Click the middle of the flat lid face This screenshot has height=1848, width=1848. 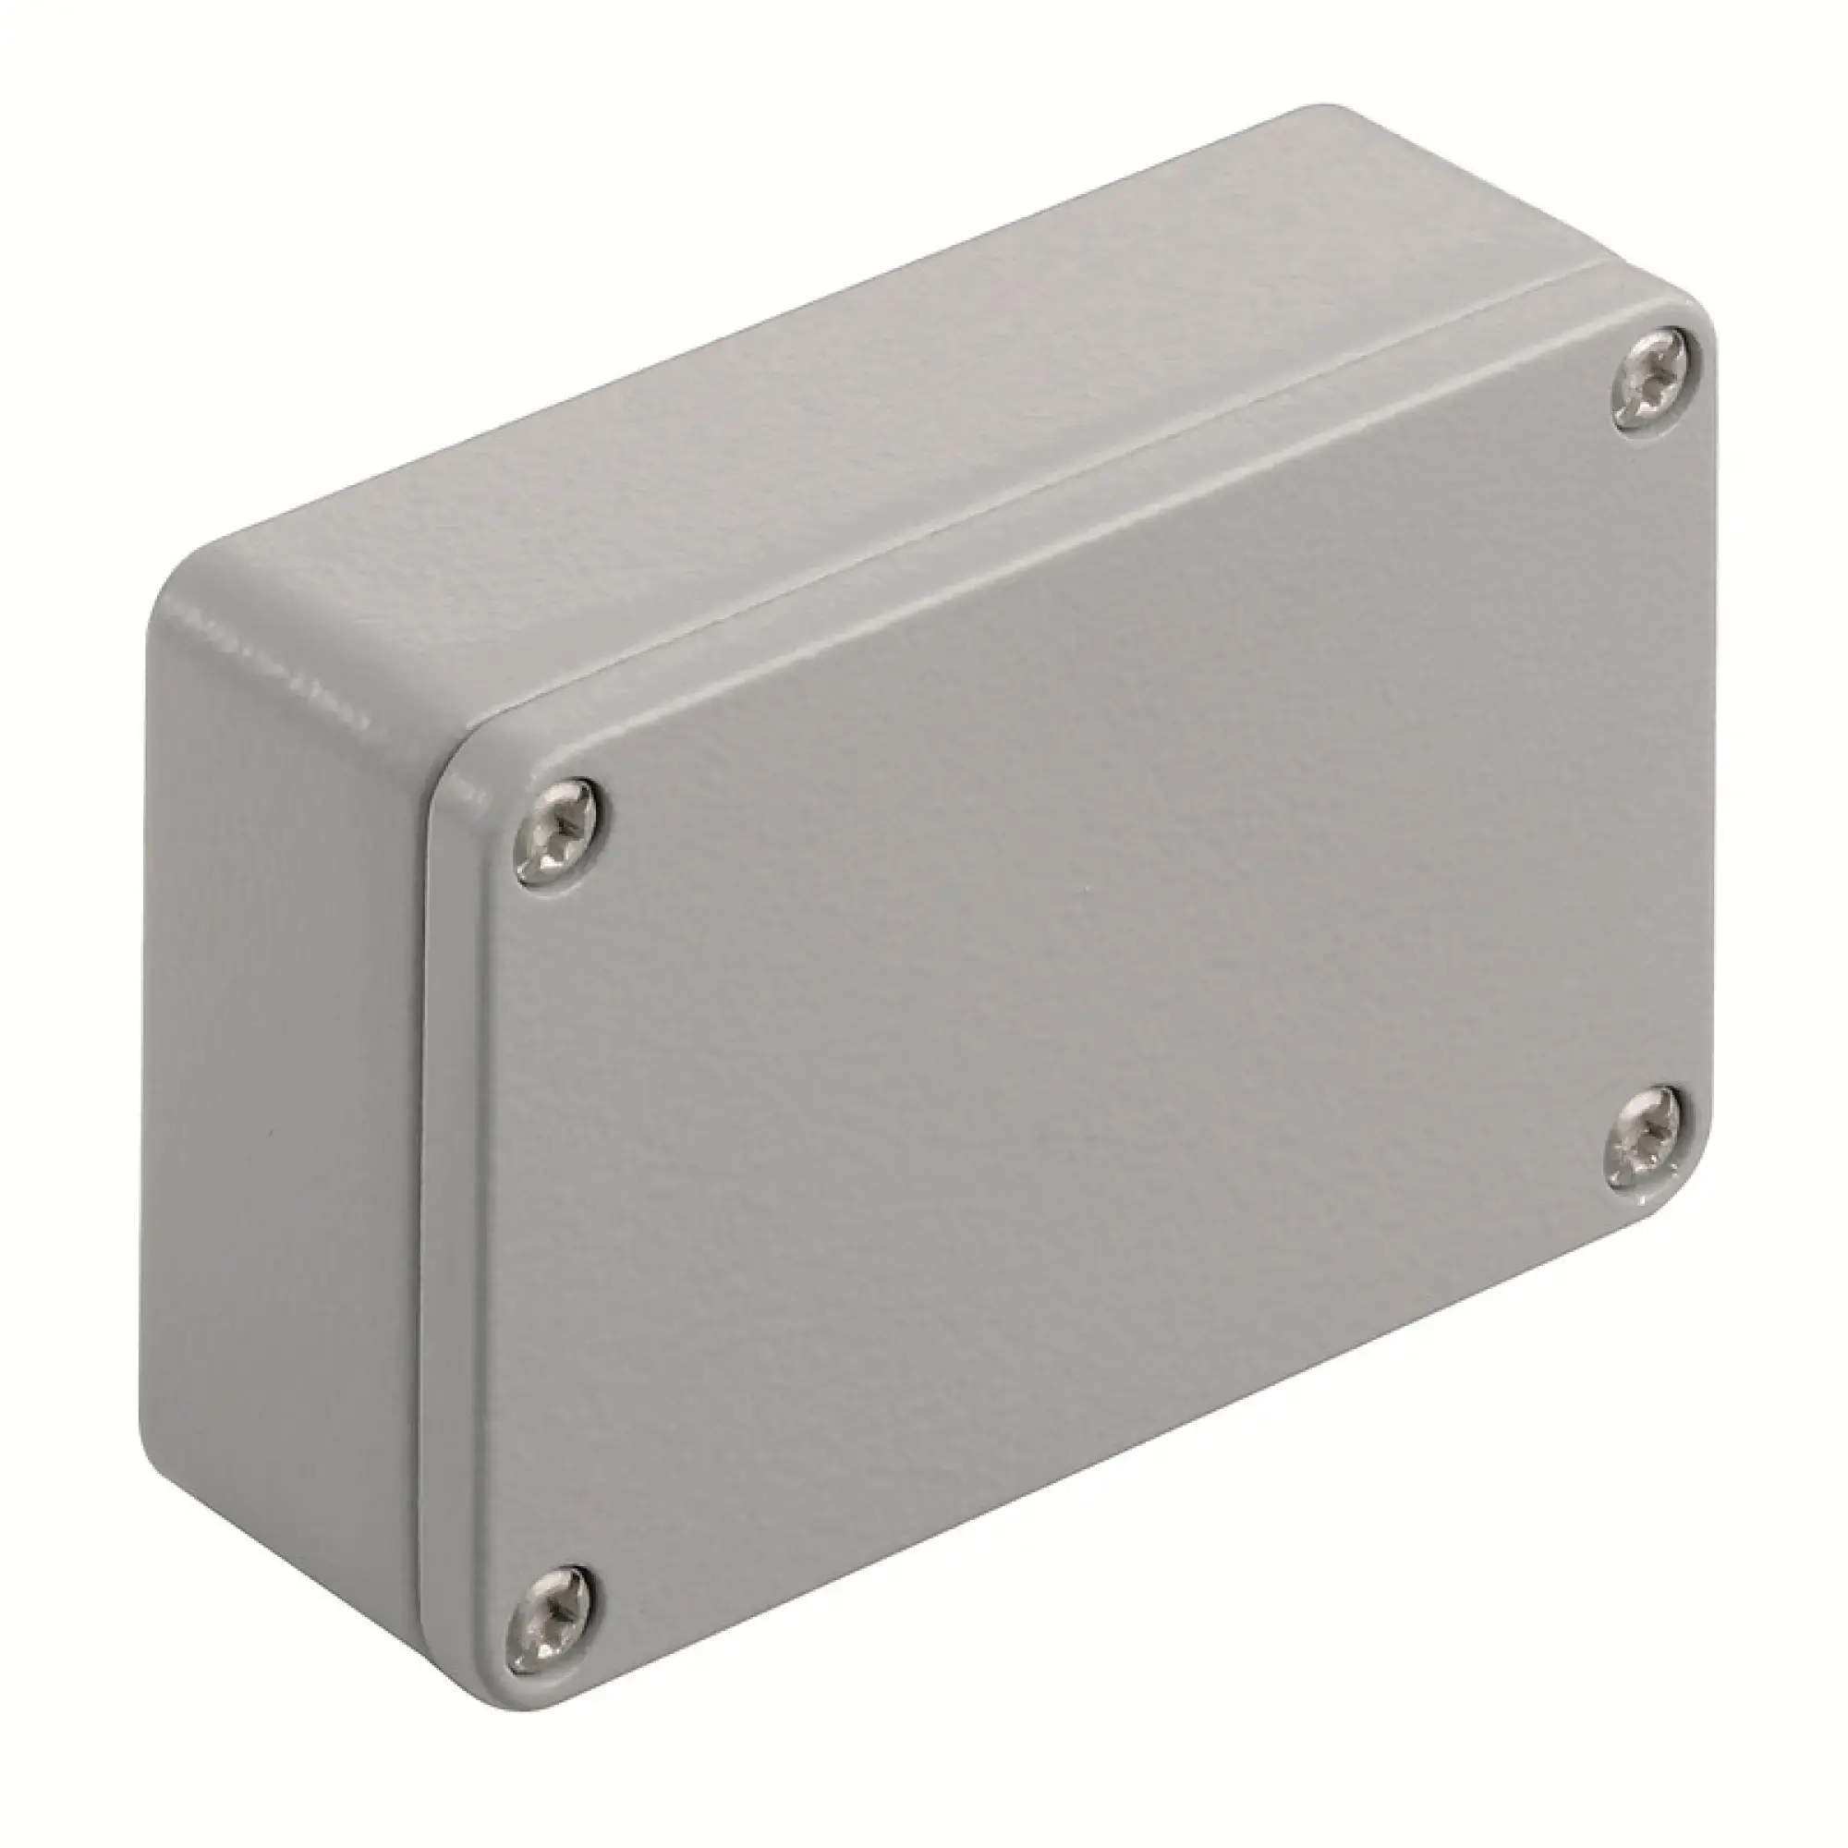click(x=1081, y=1004)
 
